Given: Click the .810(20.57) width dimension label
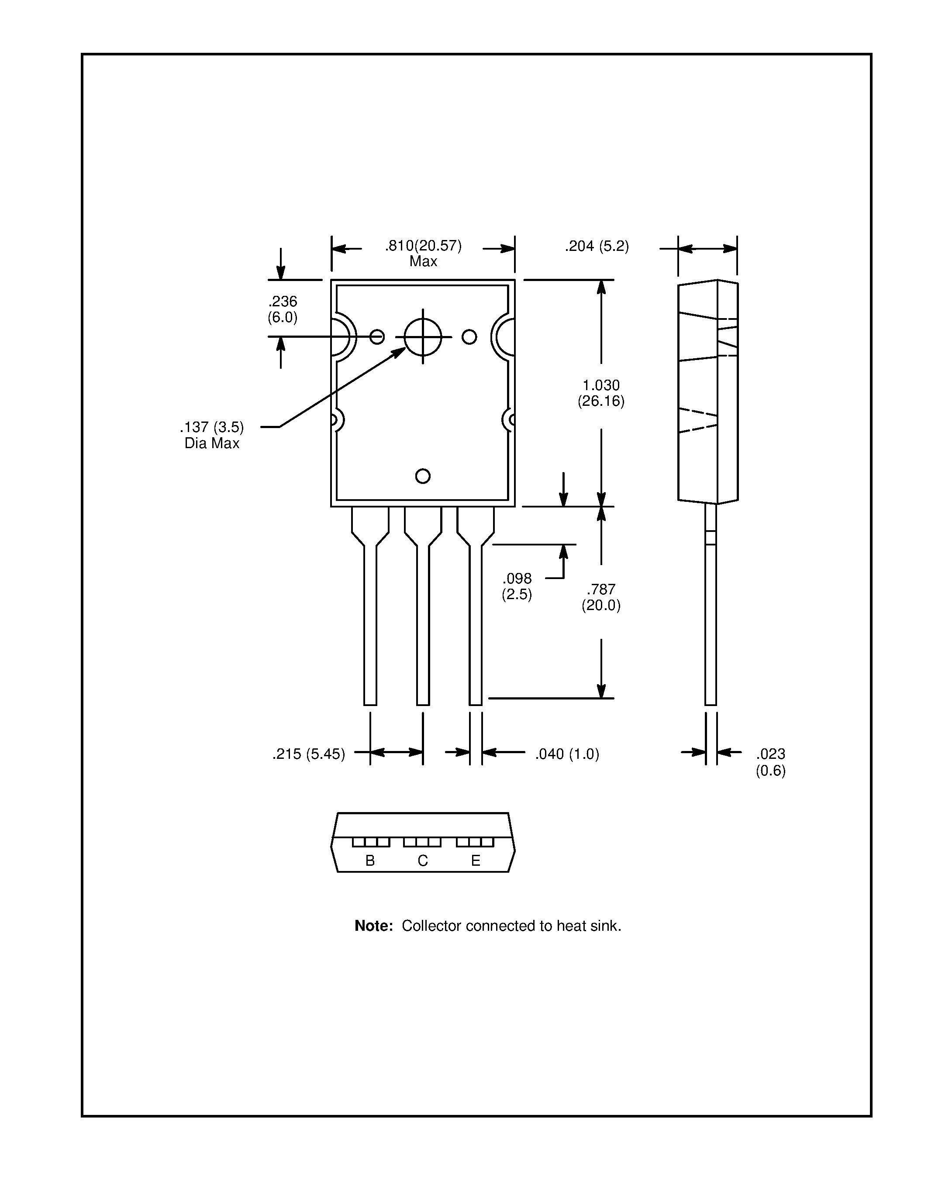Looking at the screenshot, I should point(423,246).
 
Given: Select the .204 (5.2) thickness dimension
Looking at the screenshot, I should point(597,246).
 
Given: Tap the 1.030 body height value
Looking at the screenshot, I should point(601,385).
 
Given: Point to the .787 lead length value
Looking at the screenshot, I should point(601,590).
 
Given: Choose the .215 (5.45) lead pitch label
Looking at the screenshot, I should point(308,754).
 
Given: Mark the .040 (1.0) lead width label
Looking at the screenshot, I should point(567,754).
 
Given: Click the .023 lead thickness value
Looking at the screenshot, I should point(770,754).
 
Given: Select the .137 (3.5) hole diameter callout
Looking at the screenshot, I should point(212,427).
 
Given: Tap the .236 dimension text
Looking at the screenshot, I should point(283,301).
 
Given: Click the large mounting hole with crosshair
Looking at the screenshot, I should point(423,337).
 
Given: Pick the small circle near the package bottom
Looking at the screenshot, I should point(423,476).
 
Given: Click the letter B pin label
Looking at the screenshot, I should point(370,861).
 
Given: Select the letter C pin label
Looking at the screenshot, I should point(423,861).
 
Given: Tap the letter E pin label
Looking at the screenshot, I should point(476,861).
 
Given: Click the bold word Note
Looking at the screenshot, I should point(373,926).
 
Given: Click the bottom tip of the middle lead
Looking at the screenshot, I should point(423,703).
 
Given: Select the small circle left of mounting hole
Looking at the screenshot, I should point(377,337).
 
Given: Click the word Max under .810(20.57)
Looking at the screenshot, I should point(423,261).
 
